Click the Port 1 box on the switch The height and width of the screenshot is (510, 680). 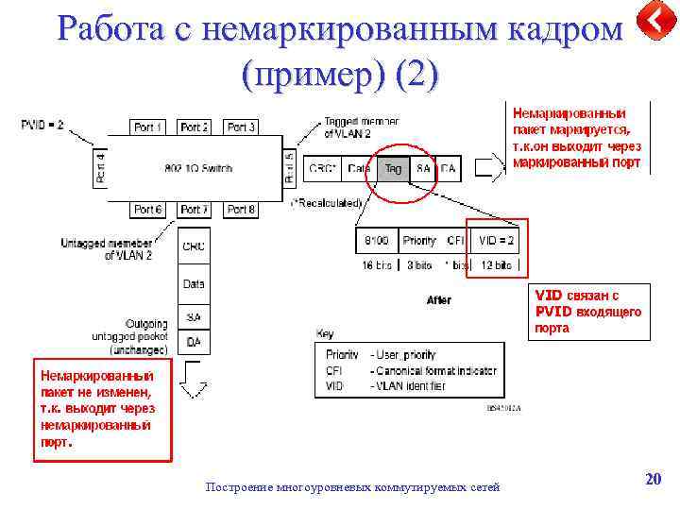click(148, 127)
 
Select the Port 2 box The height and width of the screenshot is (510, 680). click(195, 127)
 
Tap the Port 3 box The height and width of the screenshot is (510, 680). click(241, 127)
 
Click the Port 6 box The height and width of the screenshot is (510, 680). click(148, 210)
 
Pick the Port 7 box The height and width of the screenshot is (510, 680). click(195, 210)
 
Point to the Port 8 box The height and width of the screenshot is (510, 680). click(241, 210)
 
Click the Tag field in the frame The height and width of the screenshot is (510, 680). click(391, 168)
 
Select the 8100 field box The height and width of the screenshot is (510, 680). click(376, 241)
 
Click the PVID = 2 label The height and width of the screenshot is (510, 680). click(43, 125)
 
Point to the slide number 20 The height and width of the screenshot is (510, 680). click(653, 480)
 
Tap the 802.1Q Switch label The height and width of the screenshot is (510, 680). click(197, 168)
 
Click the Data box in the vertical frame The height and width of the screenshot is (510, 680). click(194, 282)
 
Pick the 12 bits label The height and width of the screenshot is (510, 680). click(496, 266)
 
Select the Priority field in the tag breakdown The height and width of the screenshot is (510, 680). click(419, 241)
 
